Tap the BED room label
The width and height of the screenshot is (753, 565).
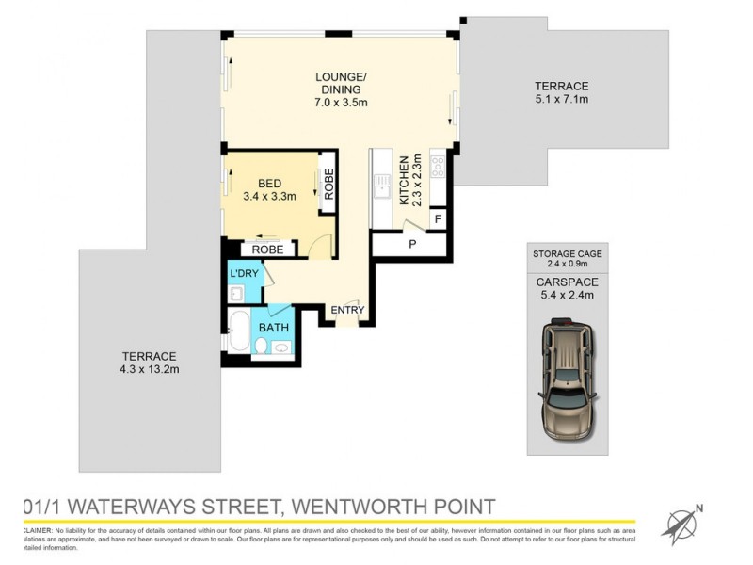point(270,183)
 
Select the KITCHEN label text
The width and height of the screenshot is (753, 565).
point(403,180)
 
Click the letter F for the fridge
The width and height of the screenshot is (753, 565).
point(437,219)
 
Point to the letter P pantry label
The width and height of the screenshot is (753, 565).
point(411,244)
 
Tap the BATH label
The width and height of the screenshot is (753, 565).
point(274,328)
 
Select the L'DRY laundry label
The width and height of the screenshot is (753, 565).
point(245,274)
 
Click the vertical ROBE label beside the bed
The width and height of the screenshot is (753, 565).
point(328,181)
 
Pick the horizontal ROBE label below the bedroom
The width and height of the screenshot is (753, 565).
point(268,250)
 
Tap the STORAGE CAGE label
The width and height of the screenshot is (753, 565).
point(568,254)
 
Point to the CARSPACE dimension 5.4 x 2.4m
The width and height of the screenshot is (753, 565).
point(568,295)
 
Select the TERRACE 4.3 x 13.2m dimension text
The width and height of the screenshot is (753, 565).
point(150,370)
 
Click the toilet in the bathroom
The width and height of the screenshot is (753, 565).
point(259,347)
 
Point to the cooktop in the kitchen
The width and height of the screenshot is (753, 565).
point(438,167)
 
